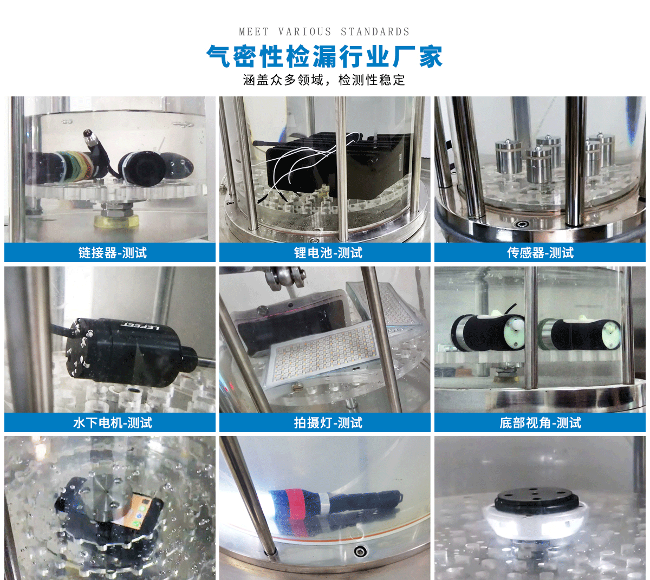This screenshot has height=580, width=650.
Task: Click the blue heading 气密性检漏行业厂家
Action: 324,56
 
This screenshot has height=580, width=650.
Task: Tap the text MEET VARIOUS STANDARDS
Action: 324,32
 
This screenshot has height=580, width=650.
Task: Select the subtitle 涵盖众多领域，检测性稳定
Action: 324,80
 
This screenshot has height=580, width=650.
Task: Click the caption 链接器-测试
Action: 112,253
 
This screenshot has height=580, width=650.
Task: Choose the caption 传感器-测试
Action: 540,253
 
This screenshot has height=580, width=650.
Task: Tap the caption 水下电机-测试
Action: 112,423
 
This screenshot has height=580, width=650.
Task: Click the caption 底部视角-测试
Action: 540,423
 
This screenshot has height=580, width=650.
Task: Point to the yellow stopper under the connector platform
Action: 116,220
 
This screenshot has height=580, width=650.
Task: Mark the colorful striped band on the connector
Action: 79,165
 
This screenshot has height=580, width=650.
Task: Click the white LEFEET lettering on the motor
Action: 139,326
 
